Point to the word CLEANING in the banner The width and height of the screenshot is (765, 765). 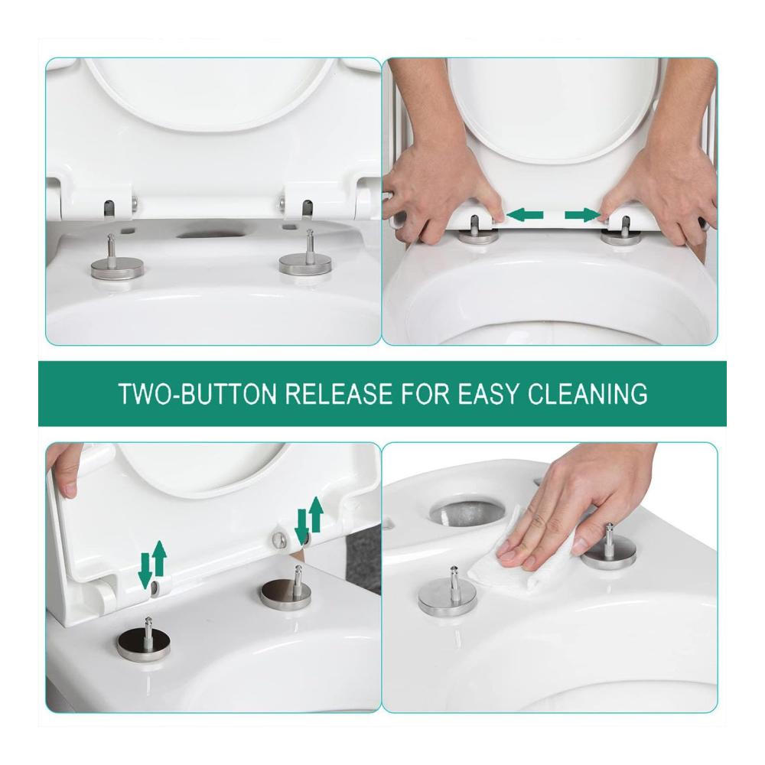(x=588, y=394)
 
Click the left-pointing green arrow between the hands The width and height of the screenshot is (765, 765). (x=525, y=214)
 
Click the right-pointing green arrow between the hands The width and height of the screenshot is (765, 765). (x=582, y=215)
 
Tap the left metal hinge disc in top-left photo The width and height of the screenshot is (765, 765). (x=117, y=269)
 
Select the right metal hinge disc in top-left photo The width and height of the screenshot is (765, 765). (x=305, y=265)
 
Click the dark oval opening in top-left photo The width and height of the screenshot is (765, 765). (x=212, y=235)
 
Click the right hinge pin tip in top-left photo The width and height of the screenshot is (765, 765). (x=309, y=233)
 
